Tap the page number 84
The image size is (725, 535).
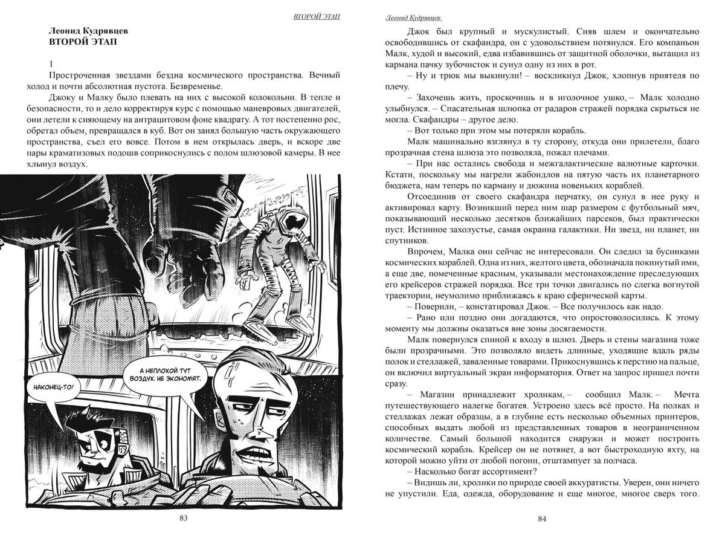pyautogui.click(x=542, y=518)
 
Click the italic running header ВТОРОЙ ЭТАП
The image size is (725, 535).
pyautogui.click(x=316, y=16)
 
